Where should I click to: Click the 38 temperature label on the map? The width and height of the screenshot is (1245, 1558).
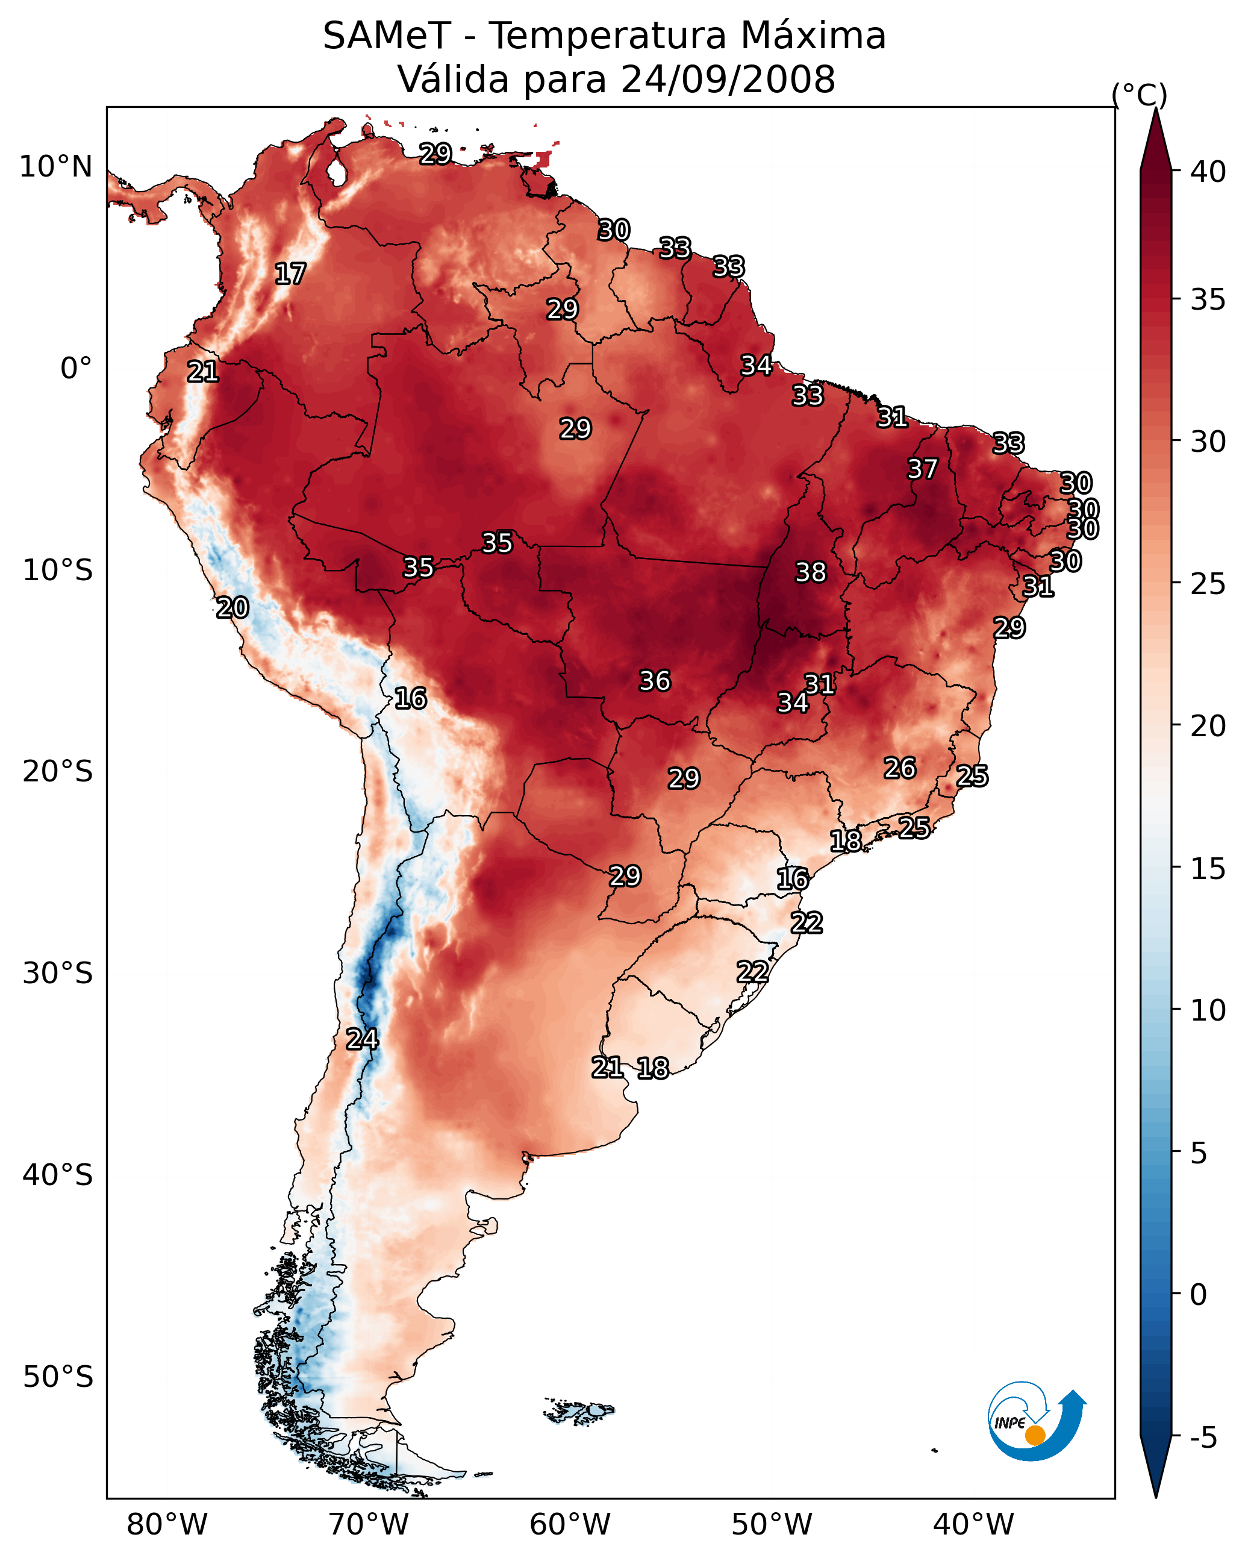[810, 572]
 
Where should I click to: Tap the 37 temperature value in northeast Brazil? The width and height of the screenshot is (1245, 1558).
[922, 469]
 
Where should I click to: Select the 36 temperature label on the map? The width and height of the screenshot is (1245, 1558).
[655, 681]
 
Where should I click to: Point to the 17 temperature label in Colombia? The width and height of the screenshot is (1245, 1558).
[290, 274]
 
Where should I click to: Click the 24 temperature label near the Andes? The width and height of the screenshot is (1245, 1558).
[362, 1039]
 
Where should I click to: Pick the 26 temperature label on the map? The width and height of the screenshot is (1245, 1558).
[900, 768]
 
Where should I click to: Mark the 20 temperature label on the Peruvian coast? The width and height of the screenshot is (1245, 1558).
[232, 608]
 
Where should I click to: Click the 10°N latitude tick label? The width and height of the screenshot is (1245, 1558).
[55, 167]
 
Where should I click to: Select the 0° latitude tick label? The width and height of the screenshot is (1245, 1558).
[76, 369]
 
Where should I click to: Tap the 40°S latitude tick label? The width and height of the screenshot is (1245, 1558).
[57, 1175]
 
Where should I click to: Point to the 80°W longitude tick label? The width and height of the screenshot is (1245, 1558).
[167, 1524]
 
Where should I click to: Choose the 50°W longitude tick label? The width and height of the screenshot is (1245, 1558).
[772, 1524]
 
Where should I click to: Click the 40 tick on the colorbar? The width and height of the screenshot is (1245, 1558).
[1208, 172]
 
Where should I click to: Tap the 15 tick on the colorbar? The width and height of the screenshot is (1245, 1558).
[1208, 869]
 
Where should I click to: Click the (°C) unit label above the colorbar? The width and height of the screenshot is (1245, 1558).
[1139, 95]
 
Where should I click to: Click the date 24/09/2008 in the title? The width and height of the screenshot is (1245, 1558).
[728, 80]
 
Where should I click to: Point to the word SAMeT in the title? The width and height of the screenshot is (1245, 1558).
[387, 36]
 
